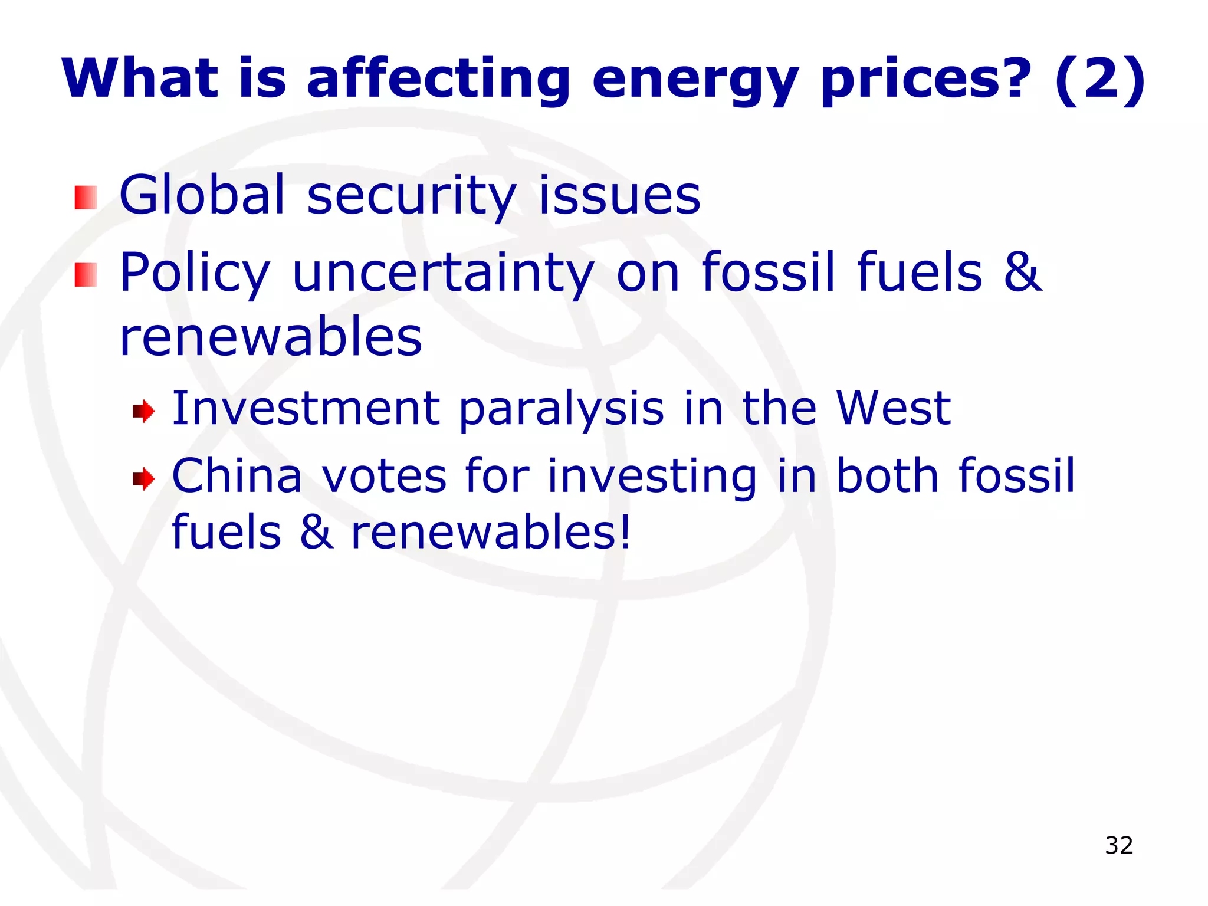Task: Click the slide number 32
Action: tap(1119, 845)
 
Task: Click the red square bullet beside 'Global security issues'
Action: tap(86, 198)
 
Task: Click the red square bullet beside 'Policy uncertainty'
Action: tap(86, 275)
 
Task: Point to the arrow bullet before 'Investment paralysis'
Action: tap(143, 411)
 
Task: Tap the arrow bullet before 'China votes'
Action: tap(143, 478)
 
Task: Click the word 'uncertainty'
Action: tap(443, 273)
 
